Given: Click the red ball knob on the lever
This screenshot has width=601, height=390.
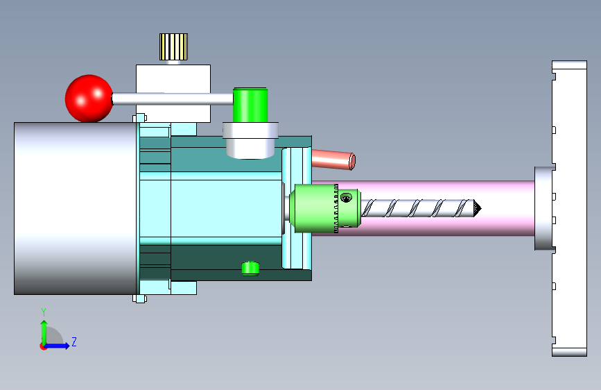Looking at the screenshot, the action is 89,99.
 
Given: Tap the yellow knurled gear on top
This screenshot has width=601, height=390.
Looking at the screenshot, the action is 173,46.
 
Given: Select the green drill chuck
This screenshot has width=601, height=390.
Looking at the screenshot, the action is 325,208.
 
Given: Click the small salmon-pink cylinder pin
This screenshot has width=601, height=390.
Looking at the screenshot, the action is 333,160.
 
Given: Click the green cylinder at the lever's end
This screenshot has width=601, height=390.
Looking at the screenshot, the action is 250,105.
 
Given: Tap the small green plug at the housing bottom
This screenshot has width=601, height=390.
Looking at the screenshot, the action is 250,269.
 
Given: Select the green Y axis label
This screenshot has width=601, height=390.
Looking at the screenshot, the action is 44,312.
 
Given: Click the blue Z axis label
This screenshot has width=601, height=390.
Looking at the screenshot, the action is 74,341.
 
